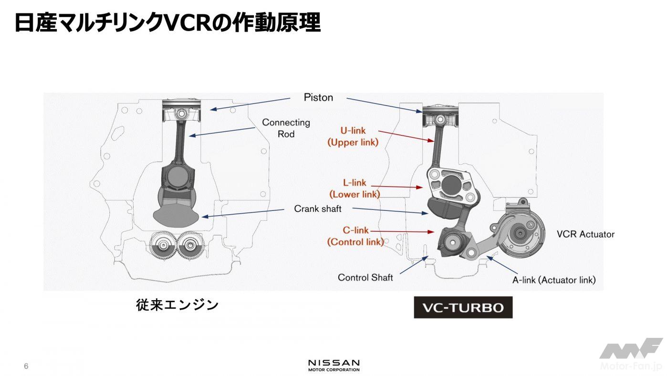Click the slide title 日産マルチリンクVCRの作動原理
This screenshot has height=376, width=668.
pyautogui.click(x=167, y=22)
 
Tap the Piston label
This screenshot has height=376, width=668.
pyautogui.click(x=318, y=98)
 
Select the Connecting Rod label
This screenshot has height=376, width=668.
pyautogui.click(x=286, y=128)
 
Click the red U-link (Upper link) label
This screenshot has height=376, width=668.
pyautogui.click(x=353, y=136)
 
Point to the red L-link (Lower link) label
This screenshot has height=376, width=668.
pyautogui.click(x=355, y=188)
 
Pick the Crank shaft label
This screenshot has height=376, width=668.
pyautogui.click(x=318, y=209)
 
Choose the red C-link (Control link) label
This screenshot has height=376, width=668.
pyautogui.click(x=355, y=236)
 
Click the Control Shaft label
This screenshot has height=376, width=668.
pyautogui.click(x=365, y=277)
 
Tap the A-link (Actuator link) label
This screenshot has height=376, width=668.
pyautogui.click(x=553, y=280)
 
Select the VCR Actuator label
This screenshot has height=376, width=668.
pyautogui.click(x=585, y=234)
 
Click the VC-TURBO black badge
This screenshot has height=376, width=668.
pyautogui.click(x=463, y=308)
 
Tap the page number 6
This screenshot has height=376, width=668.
pyautogui.click(x=26, y=366)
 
